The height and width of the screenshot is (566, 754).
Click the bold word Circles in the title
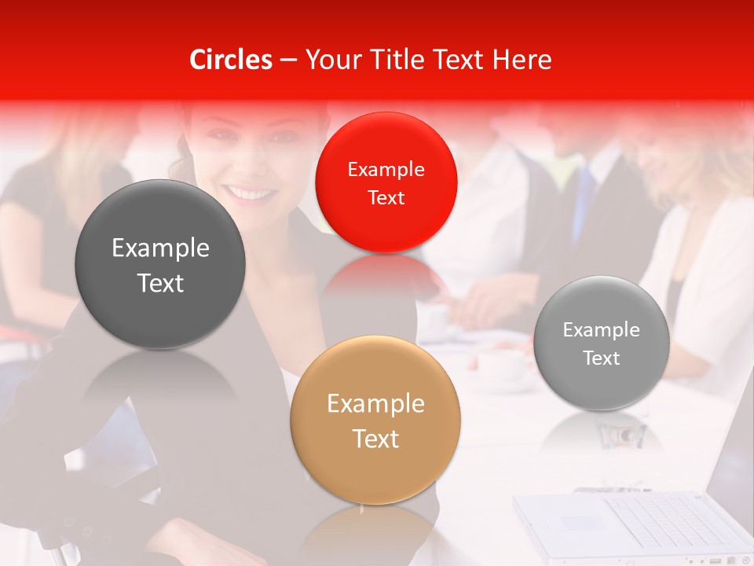[x=231, y=60]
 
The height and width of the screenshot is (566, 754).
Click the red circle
[x=386, y=182]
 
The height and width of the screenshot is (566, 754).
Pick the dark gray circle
[x=160, y=265]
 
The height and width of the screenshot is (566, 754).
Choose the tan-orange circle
[x=375, y=421]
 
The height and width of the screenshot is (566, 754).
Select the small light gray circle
[x=601, y=344]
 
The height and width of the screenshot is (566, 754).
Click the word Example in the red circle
[x=386, y=169]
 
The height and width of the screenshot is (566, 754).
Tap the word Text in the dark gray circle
[x=160, y=283]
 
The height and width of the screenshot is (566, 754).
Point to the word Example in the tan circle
[x=375, y=404]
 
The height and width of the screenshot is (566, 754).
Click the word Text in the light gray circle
[x=601, y=358]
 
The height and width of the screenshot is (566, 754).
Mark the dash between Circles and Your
[x=288, y=61]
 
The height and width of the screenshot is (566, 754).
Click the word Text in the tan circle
[x=375, y=439]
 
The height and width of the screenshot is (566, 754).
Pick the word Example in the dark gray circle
[x=160, y=248]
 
